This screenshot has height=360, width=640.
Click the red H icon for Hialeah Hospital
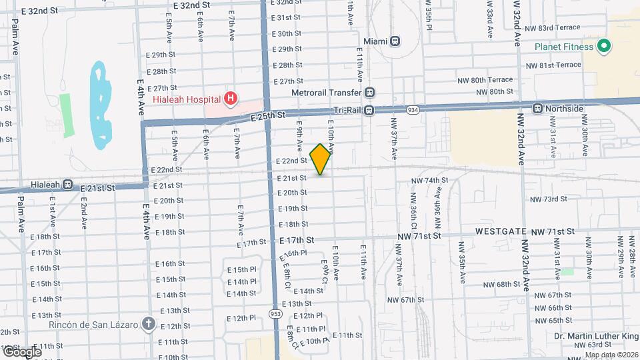click(230, 99)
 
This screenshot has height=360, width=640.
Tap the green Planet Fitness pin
click(604, 47)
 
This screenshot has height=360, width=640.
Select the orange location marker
click(321, 159)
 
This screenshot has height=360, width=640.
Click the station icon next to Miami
click(395, 41)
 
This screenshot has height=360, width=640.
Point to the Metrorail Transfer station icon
click(370, 93)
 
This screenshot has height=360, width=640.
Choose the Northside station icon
click(537, 108)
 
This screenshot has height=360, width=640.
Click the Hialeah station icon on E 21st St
click(68, 186)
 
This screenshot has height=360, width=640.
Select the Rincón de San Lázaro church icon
click(148, 325)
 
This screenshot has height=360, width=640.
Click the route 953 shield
click(275, 313)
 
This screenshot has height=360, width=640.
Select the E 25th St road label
click(268, 116)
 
